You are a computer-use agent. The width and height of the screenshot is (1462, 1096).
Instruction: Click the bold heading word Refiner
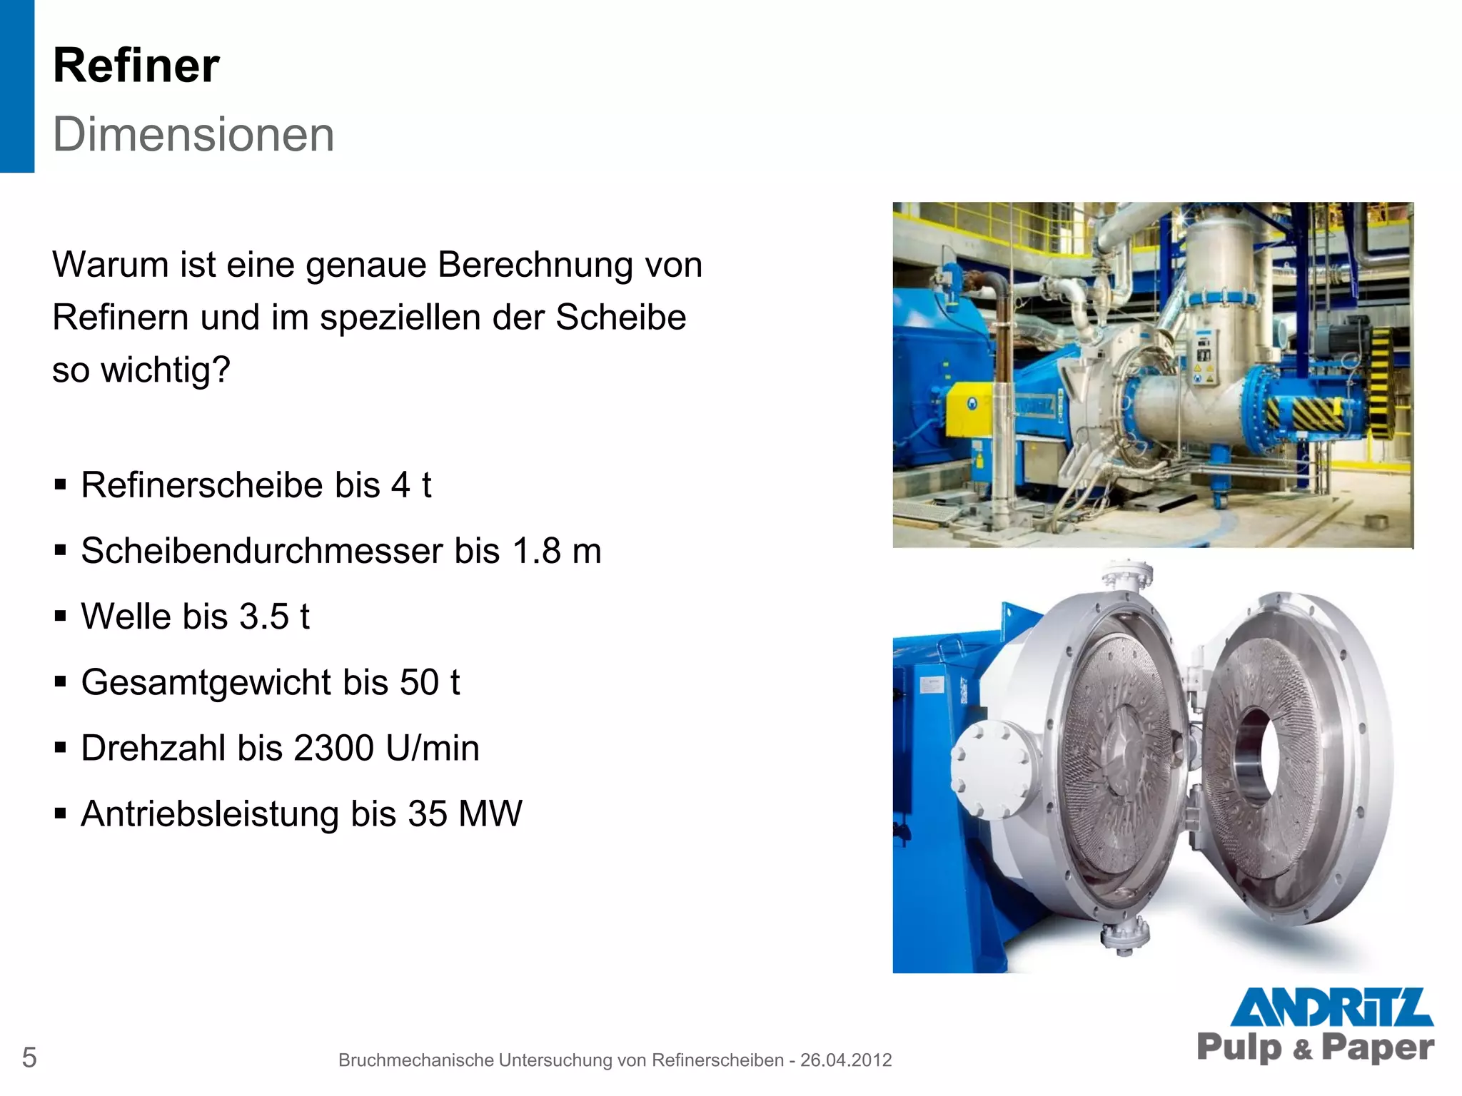click(136, 66)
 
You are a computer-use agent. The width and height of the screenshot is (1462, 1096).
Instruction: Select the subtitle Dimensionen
click(193, 134)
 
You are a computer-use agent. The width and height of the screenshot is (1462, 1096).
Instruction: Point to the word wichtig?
click(166, 370)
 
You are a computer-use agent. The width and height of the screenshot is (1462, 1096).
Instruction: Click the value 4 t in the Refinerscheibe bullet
click(410, 485)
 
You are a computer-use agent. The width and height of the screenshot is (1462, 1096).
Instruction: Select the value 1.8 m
click(556, 551)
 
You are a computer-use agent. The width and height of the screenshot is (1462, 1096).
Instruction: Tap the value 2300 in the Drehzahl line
click(333, 748)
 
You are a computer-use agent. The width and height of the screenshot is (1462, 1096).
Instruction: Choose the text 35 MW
click(465, 813)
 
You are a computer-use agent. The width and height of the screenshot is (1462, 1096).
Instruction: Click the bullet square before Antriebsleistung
click(61, 813)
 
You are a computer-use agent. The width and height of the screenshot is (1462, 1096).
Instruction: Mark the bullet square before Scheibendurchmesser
click(61, 550)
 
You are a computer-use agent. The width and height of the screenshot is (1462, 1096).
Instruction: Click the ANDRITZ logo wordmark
click(1331, 1007)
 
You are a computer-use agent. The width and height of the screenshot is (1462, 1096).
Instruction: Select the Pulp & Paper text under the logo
click(1315, 1047)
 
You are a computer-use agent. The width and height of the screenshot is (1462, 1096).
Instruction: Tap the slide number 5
click(29, 1057)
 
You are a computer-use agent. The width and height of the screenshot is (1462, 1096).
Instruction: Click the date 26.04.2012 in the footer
click(845, 1060)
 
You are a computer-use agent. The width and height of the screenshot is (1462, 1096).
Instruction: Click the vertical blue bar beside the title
click(16, 86)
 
